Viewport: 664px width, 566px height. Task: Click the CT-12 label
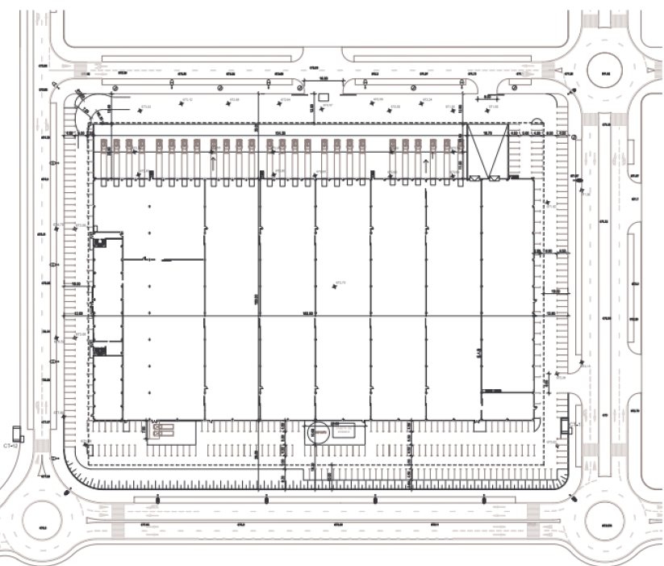(10, 445)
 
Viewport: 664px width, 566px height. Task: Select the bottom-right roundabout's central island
(608, 526)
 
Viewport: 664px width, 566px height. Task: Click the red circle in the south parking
(320, 432)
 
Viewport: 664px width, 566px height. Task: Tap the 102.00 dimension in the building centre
(307, 312)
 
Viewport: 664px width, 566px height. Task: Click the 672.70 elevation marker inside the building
(340, 282)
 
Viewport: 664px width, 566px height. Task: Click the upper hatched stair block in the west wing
(99, 240)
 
